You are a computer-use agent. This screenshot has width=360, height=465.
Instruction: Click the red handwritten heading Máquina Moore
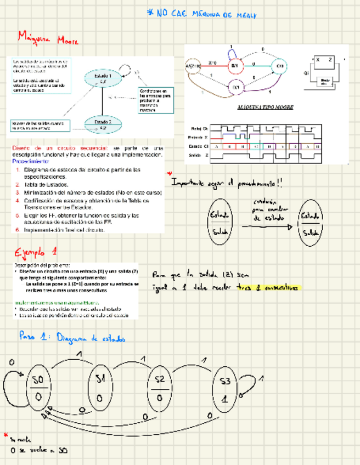tap(48, 39)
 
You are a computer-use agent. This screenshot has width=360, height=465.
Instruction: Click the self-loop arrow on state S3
tap(254, 384)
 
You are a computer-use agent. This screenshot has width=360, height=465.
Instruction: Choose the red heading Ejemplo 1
tap(36, 253)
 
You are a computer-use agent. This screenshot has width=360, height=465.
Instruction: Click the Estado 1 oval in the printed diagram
tap(103, 79)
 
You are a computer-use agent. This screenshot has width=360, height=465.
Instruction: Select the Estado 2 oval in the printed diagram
tap(103, 124)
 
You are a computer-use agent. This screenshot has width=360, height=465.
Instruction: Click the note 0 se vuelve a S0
tap(40, 450)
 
